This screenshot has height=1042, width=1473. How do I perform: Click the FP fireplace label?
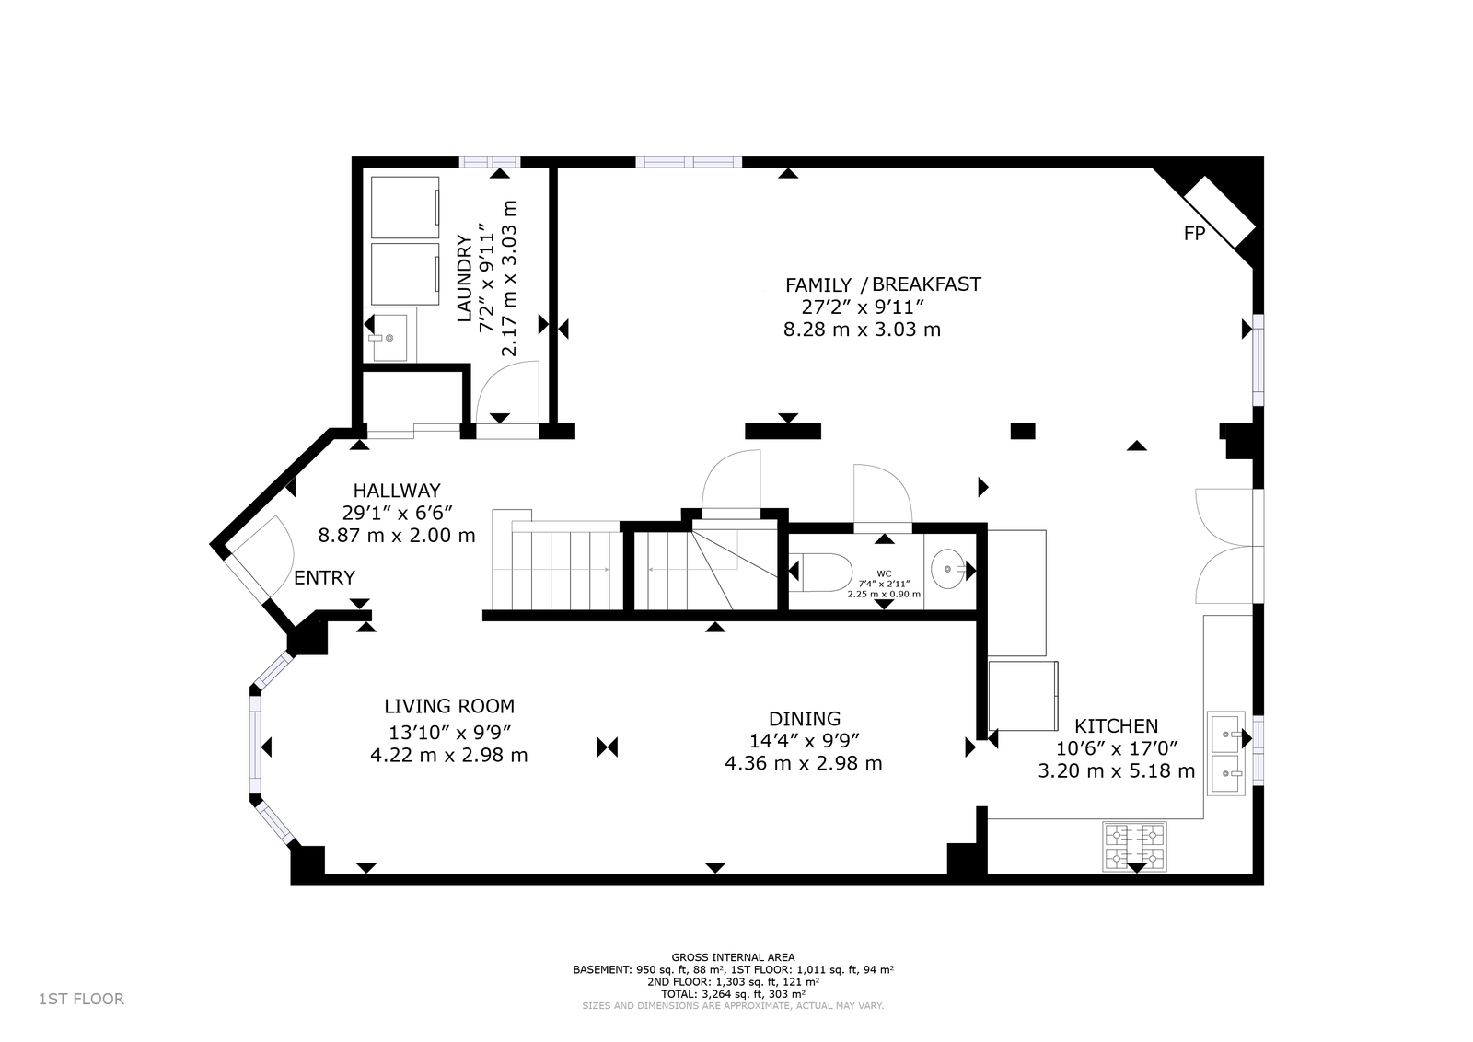coord(1194,234)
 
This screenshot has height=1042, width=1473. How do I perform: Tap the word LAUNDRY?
coord(464,278)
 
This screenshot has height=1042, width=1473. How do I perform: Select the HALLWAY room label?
coord(397,491)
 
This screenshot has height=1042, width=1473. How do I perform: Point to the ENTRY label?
coord(324,578)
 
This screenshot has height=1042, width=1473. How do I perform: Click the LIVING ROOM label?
coord(449,707)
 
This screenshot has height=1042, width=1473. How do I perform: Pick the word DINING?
coord(805,719)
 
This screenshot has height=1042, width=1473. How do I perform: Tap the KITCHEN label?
coord(1116,726)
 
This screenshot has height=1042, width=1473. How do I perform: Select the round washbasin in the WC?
coord(948,569)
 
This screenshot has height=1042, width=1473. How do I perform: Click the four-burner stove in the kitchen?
coord(1135,846)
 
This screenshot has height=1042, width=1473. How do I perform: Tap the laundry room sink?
coord(390,337)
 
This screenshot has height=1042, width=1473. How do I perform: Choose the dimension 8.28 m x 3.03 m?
coord(862,330)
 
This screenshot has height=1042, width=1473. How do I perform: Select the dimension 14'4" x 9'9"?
coord(805,741)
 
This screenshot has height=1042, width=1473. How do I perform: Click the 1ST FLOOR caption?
coord(82,1000)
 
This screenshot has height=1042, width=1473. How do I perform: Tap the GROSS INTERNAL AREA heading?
coord(733,958)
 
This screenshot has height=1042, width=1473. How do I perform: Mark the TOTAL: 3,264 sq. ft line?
coord(733,994)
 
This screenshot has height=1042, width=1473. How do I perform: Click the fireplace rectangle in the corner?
coord(1220,212)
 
